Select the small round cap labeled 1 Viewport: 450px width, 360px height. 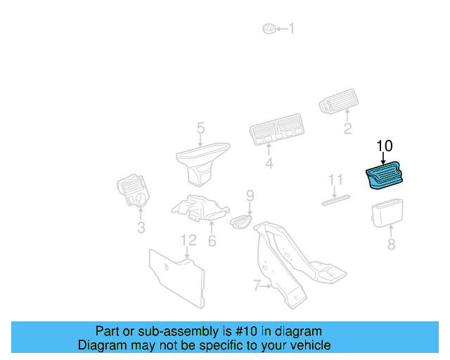268,28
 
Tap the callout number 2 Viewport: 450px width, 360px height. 347,129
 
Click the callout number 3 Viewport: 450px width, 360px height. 141,228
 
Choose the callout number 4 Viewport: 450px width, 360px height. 269,164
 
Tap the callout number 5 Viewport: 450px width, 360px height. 200,128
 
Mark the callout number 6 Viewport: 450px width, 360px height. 212,241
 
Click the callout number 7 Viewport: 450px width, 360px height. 257,285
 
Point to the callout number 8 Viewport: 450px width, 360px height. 392,245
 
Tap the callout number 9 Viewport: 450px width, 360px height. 249,195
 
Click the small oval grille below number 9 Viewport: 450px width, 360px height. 240,221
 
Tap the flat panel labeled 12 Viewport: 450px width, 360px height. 177,280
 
